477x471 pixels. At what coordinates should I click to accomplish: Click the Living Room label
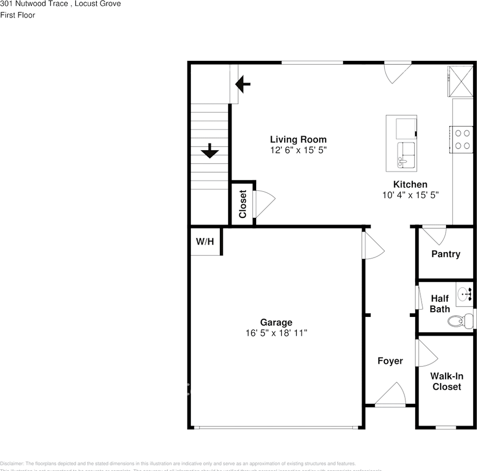(298, 139)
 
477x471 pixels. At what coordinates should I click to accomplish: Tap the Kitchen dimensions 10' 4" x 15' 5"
(410, 195)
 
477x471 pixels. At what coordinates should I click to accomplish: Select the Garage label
(276, 322)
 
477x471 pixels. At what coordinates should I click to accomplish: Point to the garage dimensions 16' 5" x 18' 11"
(276, 333)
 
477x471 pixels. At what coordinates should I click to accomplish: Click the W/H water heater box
(205, 241)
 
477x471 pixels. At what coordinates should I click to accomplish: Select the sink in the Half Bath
(464, 294)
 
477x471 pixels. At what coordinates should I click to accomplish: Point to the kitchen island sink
(406, 155)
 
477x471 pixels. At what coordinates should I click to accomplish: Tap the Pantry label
(446, 254)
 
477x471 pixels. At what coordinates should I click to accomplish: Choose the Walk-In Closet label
(447, 382)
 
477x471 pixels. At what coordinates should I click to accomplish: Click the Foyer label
(390, 361)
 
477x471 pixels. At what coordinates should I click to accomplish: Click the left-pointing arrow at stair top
(242, 84)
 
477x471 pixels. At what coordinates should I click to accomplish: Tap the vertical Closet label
(242, 204)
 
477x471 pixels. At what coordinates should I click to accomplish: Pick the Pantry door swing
(434, 235)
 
